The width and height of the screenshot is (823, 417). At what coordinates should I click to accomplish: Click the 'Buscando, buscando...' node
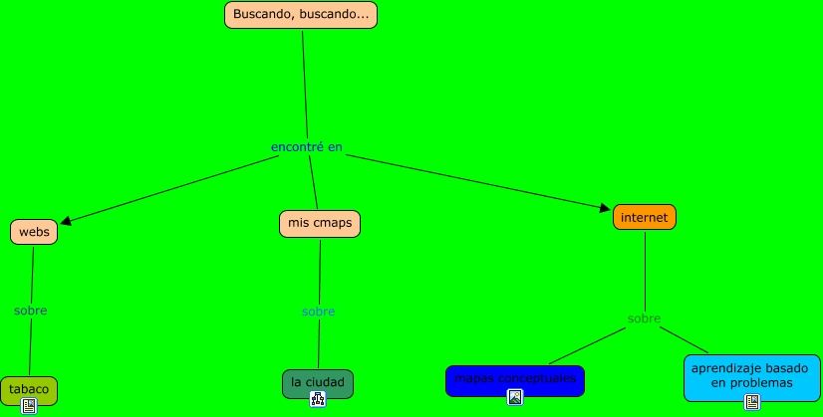pos(301,15)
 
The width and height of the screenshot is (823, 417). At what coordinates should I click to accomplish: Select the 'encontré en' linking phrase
pos(307,147)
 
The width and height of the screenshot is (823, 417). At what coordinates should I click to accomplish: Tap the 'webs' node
pos(34,232)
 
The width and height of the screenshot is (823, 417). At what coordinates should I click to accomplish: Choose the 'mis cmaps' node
pos(320,224)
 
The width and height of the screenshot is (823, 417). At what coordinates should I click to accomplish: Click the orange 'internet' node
pos(645,217)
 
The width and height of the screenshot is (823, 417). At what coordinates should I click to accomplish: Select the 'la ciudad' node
pos(318,382)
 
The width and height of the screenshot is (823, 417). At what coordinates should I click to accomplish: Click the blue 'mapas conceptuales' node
pos(514,379)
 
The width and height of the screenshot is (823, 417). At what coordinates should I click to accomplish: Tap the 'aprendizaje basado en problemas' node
pos(752,375)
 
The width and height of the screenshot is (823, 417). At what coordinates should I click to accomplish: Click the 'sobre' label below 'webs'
pos(31,311)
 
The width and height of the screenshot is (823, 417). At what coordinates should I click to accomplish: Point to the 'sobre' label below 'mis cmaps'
pos(319,312)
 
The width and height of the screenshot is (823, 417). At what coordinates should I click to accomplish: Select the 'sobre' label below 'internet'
pos(645,318)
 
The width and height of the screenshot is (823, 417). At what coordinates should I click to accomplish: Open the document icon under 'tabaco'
pos(29,405)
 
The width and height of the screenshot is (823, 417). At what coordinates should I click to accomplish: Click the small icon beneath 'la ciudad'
pos(318,399)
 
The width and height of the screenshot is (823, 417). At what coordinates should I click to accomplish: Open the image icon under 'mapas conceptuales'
pos(515,397)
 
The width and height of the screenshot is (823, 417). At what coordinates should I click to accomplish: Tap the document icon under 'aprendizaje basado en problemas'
pos(752,402)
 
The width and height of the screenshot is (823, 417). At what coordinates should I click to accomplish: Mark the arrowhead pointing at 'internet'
pos(604,208)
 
